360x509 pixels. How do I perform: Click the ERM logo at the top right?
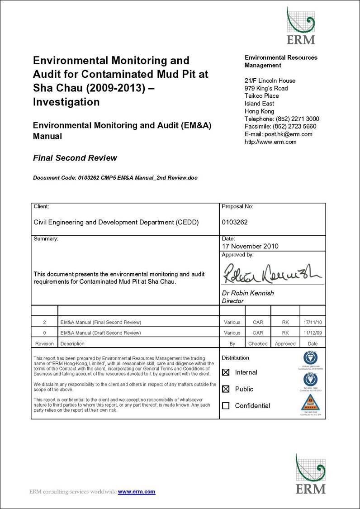300,26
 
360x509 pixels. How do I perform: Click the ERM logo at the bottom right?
310,474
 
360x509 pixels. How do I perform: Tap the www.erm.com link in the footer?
137,492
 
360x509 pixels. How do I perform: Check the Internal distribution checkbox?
226,372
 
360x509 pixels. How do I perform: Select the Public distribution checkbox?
226,389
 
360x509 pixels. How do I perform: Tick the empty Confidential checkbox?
226,406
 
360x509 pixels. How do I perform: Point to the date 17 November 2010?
250,247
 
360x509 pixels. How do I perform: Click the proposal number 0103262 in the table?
235,222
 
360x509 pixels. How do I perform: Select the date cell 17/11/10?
313,323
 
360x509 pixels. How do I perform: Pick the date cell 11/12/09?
313,333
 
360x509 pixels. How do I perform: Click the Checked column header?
258,344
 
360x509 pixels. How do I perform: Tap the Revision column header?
44,344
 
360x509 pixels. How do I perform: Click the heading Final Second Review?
75,158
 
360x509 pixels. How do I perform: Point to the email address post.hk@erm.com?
290,134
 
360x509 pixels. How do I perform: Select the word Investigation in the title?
66,102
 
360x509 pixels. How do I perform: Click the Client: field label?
42,207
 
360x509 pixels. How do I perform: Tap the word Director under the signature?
232,301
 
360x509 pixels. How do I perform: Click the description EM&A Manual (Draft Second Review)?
100,333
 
